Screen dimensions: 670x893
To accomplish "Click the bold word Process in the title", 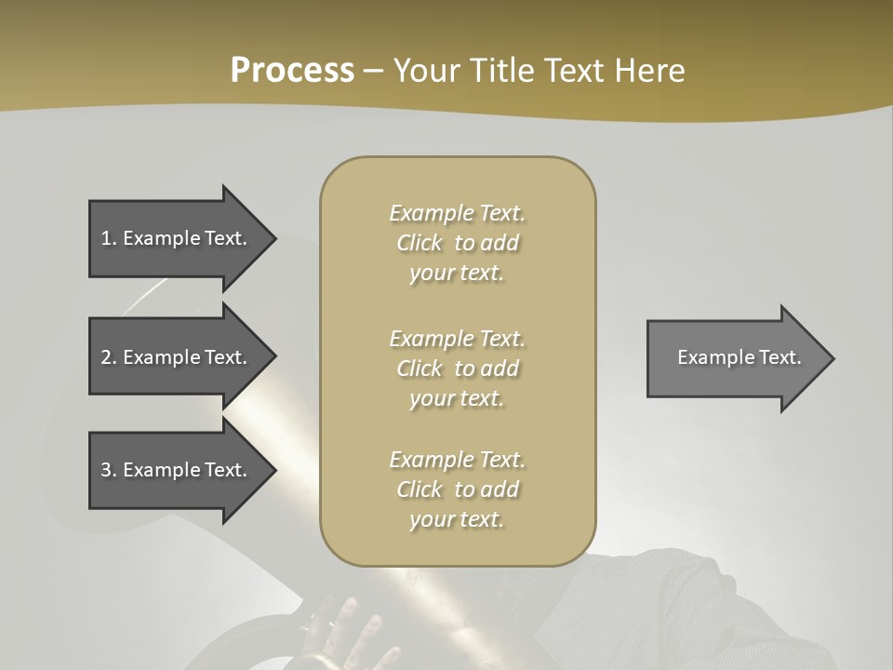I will point(292,71).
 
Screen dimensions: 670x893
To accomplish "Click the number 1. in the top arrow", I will point(109,238).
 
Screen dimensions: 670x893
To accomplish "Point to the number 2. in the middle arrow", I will point(109,357).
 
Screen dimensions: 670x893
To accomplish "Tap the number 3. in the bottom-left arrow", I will point(109,470).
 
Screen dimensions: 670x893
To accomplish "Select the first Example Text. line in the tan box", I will point(457,213).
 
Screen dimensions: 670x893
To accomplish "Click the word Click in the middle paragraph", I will point(420,368).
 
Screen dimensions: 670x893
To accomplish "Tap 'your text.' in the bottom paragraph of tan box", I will point(457,519).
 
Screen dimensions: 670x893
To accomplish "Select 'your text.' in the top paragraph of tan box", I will point(457,274).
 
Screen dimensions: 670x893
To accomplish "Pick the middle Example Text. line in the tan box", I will point(457,339).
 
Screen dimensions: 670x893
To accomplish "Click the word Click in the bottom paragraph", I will point(420,489).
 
